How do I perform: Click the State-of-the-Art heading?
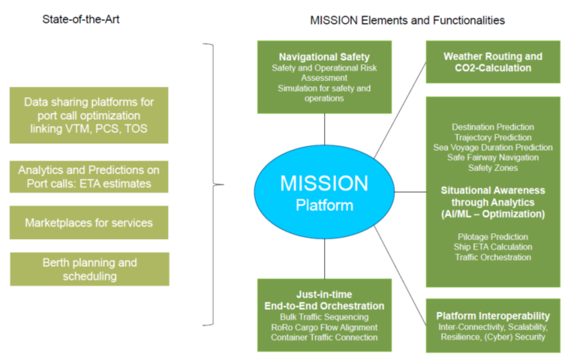(x=81, y=20)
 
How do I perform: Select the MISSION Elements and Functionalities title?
(x=407, y=20)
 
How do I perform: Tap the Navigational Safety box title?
(x=324, y=57)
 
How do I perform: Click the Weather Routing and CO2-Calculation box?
(x=493, y=62)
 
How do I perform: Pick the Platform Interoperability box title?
(x=493, y=316)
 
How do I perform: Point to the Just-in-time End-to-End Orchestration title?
(x=324, y=300)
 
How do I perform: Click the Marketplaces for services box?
(x=89, y=223)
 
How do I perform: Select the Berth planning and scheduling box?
(x=89, y=269)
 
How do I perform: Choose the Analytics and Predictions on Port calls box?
(x=89, y=177)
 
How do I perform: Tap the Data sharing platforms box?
(x=89, y=115)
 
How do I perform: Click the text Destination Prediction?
(x=493, y=127)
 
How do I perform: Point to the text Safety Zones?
(x=493, y=168)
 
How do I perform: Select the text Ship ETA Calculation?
(x=493, y=247)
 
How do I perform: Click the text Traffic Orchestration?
(x=493, y=257)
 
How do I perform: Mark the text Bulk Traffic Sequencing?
(x=324, y=317)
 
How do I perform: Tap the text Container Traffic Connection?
(x=324, y=337)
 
